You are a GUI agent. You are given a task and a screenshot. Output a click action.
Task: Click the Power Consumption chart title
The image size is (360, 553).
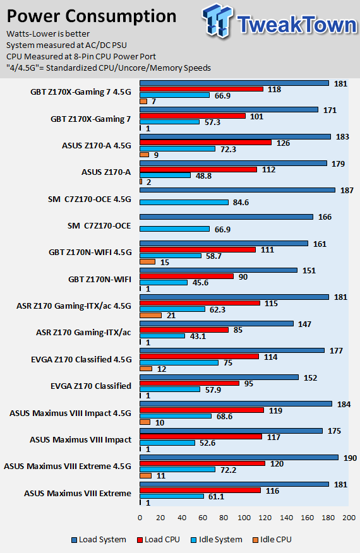point(92,16)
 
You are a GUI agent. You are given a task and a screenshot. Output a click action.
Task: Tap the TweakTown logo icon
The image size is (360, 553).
point(217,20)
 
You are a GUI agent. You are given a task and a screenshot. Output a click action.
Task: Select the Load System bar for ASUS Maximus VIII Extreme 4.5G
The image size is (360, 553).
point(239,458)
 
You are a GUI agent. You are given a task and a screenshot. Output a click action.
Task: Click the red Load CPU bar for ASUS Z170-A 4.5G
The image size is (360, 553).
point(205,143)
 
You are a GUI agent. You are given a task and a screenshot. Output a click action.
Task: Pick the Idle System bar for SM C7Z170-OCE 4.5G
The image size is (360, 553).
point(184,203)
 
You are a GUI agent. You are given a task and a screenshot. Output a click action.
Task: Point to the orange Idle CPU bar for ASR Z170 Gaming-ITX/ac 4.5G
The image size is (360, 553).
point(151,315)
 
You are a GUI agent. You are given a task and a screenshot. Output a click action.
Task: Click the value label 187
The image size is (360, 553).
point(347,191)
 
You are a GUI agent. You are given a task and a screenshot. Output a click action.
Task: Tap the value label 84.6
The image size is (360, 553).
point(241,203)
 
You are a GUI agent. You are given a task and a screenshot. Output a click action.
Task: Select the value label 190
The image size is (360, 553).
point(350,458)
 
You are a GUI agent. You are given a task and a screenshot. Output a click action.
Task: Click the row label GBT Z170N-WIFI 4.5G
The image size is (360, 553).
point(90,252)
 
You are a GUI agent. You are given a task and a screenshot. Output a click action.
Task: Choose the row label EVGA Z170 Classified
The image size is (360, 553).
point(91,386)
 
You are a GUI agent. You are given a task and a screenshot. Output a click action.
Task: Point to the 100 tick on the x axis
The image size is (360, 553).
point(244,518)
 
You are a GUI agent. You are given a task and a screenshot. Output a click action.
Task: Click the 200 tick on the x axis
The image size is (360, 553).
point(349,518)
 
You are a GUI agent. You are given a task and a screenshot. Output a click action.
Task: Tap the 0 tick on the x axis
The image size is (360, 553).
point(140,518)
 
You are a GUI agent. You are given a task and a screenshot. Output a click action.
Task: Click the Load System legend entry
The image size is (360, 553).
point(99,540)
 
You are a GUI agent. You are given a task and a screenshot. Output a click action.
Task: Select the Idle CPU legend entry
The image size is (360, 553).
point(272,540)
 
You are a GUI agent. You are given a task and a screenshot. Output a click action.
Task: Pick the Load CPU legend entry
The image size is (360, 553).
point(158,540)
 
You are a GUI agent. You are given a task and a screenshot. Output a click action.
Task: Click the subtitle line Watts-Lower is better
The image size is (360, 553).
point(48,34)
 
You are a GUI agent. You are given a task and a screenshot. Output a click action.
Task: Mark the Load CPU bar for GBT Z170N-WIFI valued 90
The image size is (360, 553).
point(187,276)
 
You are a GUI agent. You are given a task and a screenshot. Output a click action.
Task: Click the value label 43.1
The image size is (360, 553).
point(198,336)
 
